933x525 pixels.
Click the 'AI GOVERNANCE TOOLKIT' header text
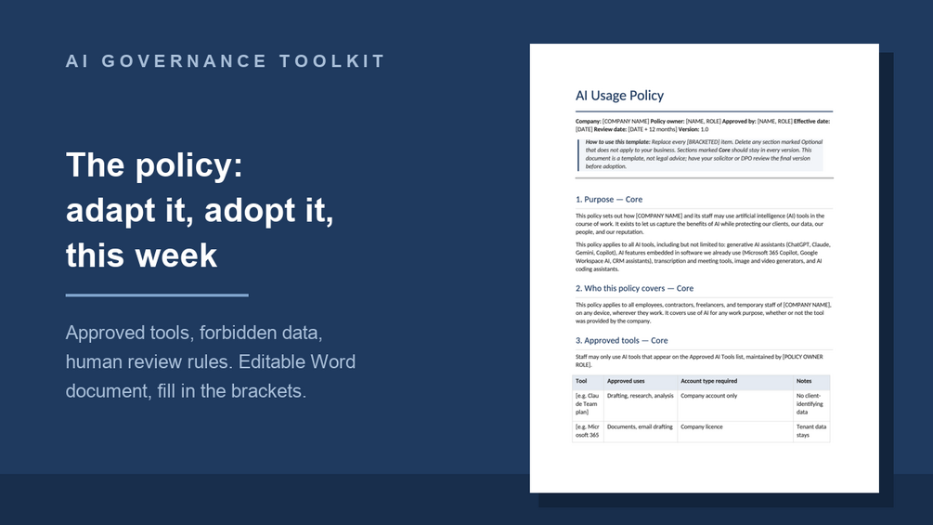coord(226,61)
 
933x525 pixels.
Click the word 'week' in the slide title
coord(176,256)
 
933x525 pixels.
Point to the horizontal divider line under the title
coord(157,295)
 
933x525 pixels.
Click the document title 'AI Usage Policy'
coord(619,95)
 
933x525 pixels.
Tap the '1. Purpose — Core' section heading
coord(609,200)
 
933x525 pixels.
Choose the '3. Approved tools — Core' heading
coord(621,340)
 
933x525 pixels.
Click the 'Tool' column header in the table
coord(581,381)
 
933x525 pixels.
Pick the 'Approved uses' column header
coord(626,381)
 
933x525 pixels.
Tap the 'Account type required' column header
coord(708,381)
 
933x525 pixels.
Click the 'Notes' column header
coord(804,381)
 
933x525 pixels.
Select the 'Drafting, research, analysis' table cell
coord(641,396)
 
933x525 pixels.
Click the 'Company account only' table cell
coord(708,396)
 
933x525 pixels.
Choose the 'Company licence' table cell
coord(702,427)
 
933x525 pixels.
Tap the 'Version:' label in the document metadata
coord(689,129)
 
